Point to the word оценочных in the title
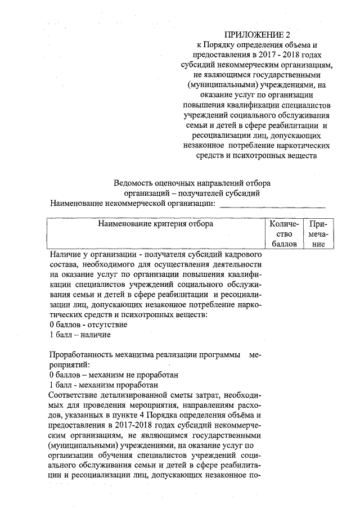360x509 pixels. pos(184,183)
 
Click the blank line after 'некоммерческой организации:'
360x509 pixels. pos(272,204)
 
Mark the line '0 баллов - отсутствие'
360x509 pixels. pos(88,325)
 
